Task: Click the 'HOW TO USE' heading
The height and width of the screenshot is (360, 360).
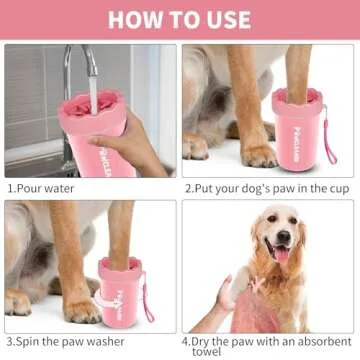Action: click(x=180, y=19)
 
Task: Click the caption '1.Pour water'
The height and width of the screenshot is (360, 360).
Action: click(x=45, y=187)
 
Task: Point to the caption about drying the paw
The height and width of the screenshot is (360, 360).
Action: click(x=268, y=342)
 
